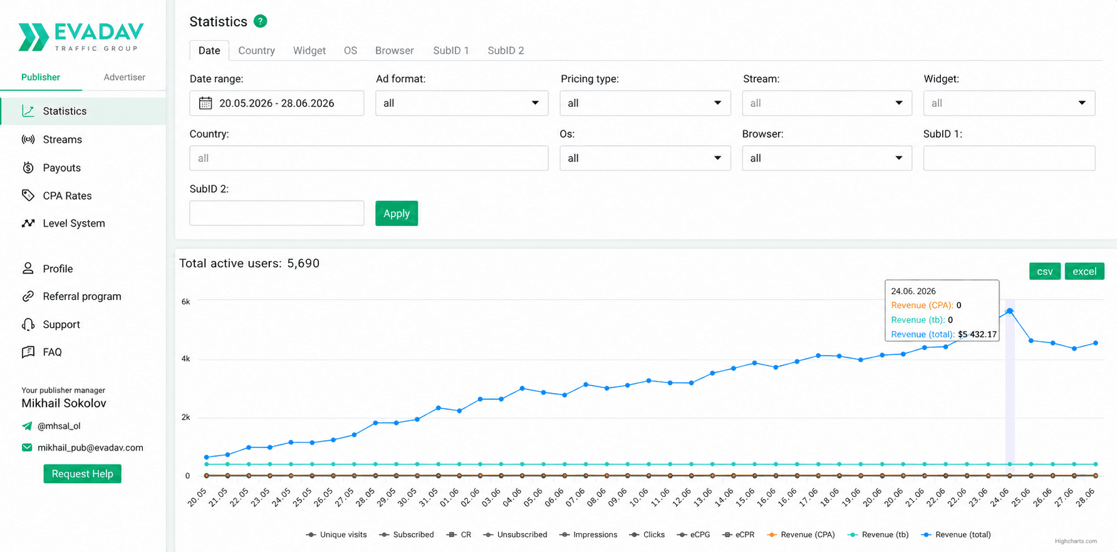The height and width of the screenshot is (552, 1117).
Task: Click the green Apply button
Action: coord(397,213)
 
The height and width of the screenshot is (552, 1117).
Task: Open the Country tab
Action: coord(256,51)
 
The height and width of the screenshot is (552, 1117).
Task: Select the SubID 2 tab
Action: coord(506,51)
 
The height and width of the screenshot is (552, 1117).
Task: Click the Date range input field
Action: coord(276,103)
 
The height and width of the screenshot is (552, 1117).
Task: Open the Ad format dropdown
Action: coord(462,103)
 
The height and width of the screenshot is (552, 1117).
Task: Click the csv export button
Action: coord(1044,272)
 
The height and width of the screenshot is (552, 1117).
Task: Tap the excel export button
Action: coord(1084,272)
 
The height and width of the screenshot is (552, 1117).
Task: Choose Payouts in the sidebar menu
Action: coord(61,168)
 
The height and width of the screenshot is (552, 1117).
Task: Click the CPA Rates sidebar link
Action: coord(67,196)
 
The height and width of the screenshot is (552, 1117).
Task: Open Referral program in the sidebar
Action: coord(81,297)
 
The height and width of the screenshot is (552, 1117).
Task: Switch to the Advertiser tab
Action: coord(124,77)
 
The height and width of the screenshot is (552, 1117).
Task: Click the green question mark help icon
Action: coord(261,21)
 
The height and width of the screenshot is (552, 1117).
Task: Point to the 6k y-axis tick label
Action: coord(185,302)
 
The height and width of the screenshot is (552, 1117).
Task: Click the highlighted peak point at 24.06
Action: coord(1010,311)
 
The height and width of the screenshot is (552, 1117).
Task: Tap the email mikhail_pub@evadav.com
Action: coord(90,447)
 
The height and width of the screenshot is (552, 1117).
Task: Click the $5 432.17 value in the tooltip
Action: coord(977,334)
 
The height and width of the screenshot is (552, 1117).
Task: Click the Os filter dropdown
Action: coord(645,158)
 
